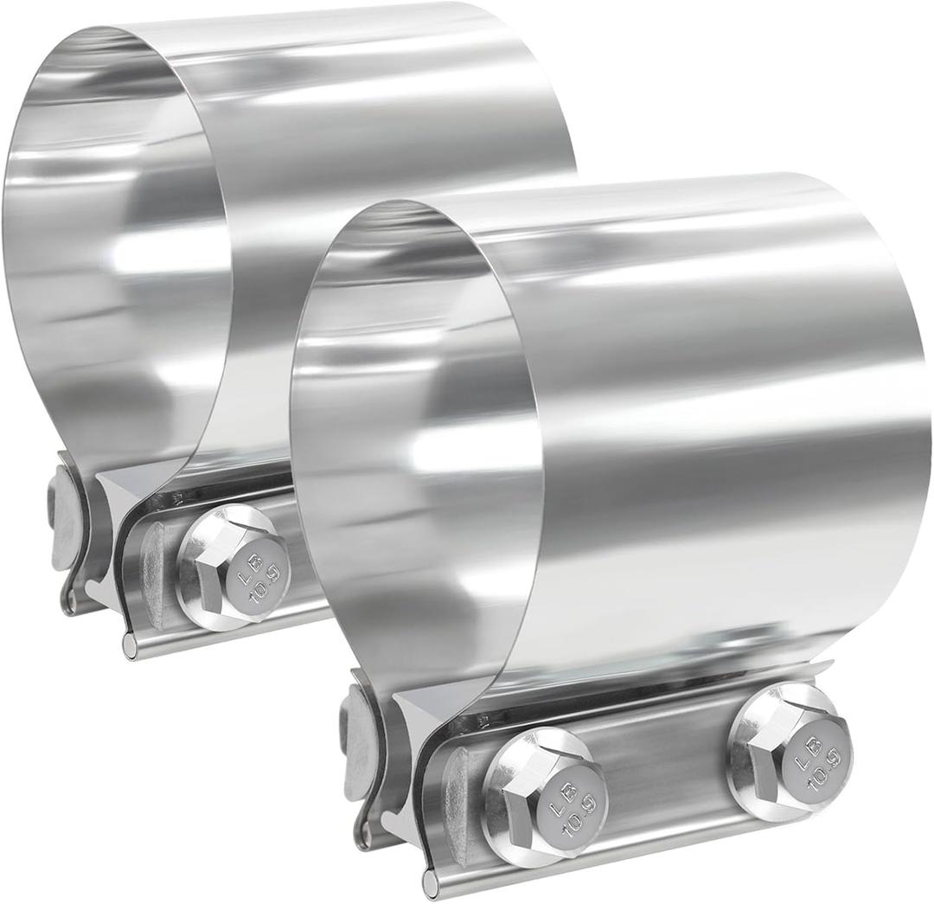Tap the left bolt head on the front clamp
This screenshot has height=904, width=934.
click(545, 797)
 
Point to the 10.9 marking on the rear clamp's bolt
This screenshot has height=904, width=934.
click(257, 577)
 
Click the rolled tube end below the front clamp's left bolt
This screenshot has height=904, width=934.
click(430, 882)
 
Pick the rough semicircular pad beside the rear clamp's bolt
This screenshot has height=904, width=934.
click(153, 572)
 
